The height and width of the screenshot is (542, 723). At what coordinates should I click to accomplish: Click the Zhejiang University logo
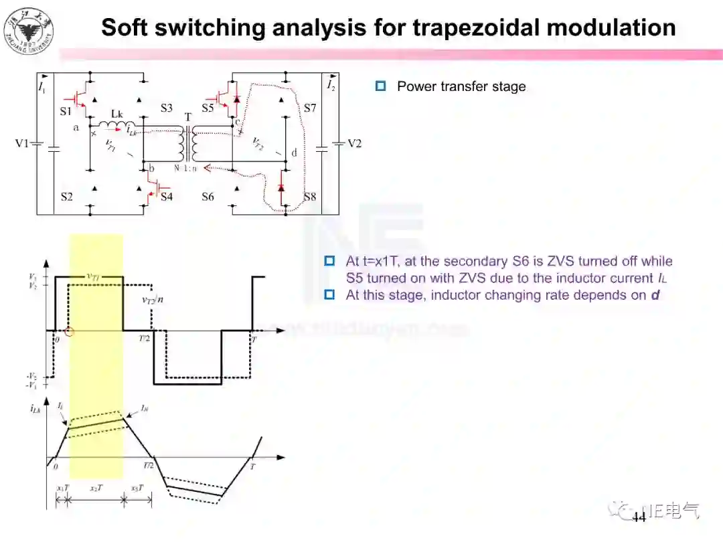[x=29, y=30]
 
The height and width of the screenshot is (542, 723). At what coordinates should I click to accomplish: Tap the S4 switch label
[x=166, y=197]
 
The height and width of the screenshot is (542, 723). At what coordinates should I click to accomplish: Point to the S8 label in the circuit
[x=309, y=197]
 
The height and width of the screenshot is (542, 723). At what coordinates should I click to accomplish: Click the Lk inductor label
[x=116, y=114]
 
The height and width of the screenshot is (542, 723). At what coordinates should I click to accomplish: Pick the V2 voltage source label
[x=354, y=143]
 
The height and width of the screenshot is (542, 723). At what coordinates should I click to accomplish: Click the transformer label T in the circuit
[x=188, y=116]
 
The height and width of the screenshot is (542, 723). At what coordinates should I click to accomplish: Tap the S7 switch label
[x=309, y=108]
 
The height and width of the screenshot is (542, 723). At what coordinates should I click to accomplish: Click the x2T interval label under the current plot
[x=96, y=488]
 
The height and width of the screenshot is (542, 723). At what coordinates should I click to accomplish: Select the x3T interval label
[x=137, y=488]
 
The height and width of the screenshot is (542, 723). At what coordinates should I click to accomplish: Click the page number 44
[x=639, y=518]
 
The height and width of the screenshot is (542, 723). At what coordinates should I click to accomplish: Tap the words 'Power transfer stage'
[x=461, y=86]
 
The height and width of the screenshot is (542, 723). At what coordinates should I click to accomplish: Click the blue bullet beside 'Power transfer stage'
[x=381, y=86]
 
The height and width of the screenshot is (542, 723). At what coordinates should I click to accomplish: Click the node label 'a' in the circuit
[x=76, y=126]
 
